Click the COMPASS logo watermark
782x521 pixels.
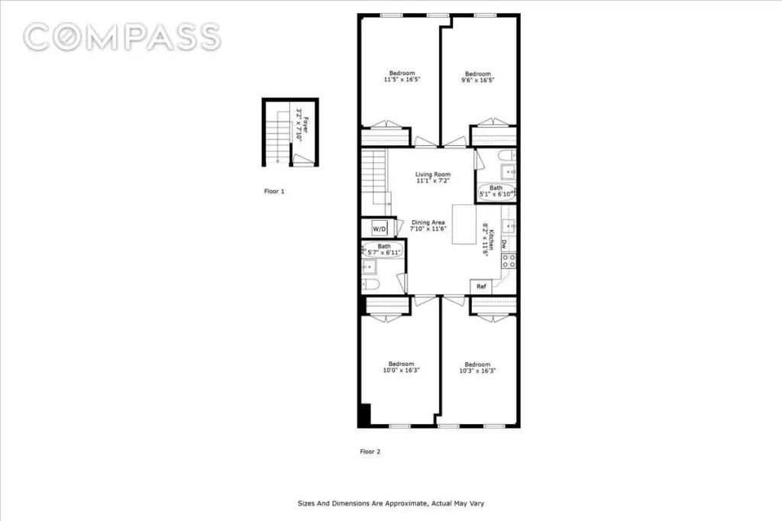click(x=122, y=37)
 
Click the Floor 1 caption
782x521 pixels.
click(x=273, y=192)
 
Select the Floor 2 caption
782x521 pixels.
click(x=370, y=451)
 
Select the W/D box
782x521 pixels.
click(x=380, y=228)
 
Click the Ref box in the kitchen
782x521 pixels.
click(x=481, y=286)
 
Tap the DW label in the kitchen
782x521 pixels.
click(x=505, y=244)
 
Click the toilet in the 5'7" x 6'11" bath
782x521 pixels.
click(x=371, y=285)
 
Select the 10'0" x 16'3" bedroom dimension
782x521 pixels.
click(x=401, y=370)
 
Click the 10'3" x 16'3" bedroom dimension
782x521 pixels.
click(x=477, y=370)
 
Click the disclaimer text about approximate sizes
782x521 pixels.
click(x=390, y=503)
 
